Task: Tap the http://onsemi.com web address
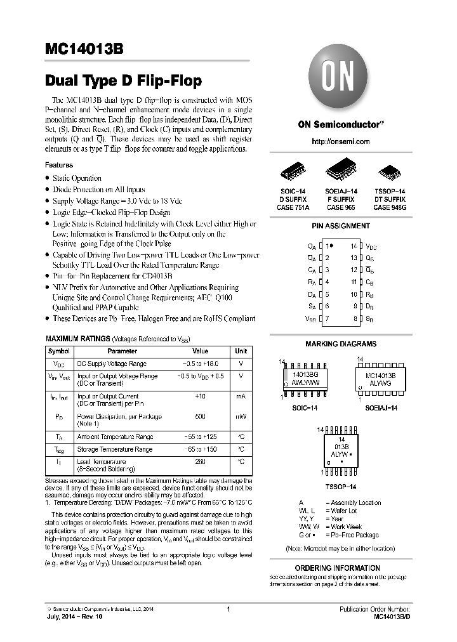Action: click(x=341, y=141)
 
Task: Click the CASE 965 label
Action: click(x=341, y=207)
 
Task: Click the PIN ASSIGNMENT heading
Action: click(x=341, y=226)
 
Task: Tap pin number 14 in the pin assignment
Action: click(x=354, y=246)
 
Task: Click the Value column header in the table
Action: click(x=200, y=351)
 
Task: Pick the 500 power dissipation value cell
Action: click(x=200, y=417)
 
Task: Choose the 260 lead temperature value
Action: click(x=200, y=462)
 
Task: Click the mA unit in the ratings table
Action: click(x=241, y=396)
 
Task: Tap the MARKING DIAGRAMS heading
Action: click(x=341, y=344)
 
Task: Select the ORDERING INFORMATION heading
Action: click(x=347, y=568)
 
